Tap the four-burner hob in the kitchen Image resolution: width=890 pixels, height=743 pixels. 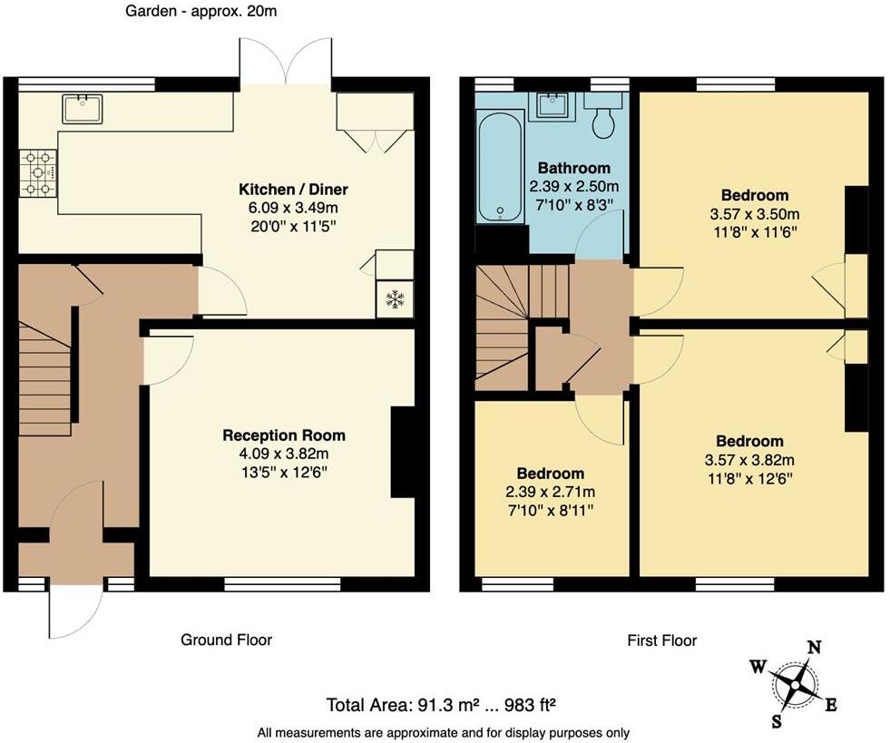37,172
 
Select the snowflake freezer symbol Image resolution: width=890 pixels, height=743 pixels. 395,299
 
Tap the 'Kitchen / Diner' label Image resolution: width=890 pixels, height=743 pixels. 293,190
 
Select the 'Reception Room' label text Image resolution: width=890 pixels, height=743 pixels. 284,435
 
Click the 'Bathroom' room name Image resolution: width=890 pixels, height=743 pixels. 573,168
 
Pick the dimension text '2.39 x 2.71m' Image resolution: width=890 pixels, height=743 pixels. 551,492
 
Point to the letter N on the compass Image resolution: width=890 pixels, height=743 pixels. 814,647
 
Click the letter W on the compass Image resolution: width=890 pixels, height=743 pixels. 757,668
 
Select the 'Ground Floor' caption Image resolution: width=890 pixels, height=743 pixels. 226,640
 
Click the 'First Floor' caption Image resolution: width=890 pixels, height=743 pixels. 661,640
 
